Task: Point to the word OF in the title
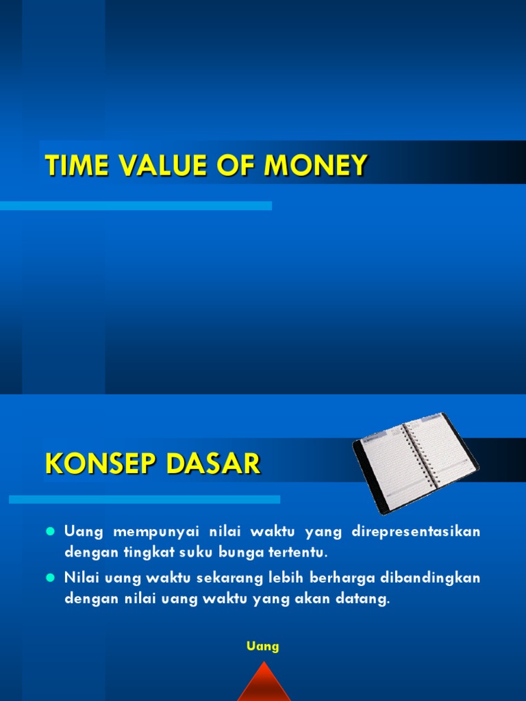click(237, 166)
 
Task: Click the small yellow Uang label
click(263, 646)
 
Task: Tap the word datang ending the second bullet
click(364, 599)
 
